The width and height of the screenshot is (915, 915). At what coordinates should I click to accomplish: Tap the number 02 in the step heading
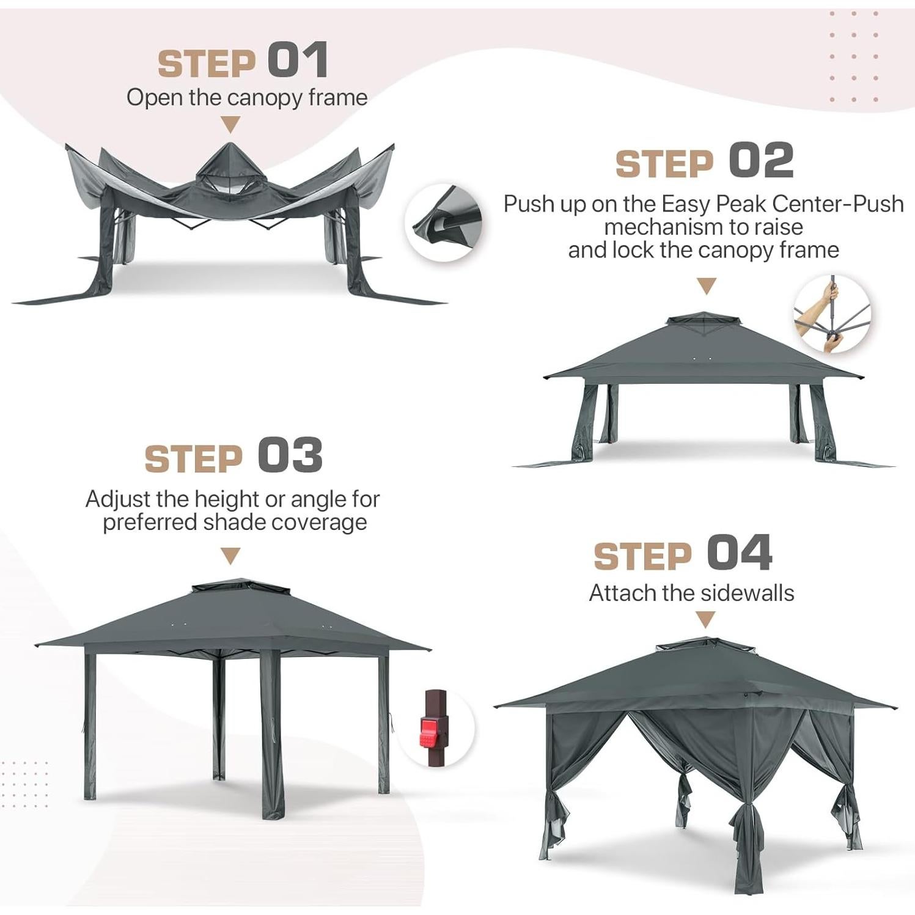pos(761,160)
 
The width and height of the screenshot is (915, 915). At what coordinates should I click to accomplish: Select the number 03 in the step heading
pos(290,456)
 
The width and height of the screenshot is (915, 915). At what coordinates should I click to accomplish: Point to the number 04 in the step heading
pos(740,553)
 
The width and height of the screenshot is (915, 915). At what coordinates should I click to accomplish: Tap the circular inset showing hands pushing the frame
pos(832,314)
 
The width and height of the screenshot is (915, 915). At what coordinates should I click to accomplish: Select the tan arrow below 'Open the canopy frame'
pos(230,125)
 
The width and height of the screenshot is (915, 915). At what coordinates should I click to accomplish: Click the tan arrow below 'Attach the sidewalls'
pos(706,620)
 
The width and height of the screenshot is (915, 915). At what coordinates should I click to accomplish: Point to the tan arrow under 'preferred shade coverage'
pos(230,556)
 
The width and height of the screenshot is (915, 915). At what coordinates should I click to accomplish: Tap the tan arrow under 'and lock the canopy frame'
pos(707,285)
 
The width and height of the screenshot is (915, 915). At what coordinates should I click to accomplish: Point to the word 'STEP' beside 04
pos(642,556)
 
